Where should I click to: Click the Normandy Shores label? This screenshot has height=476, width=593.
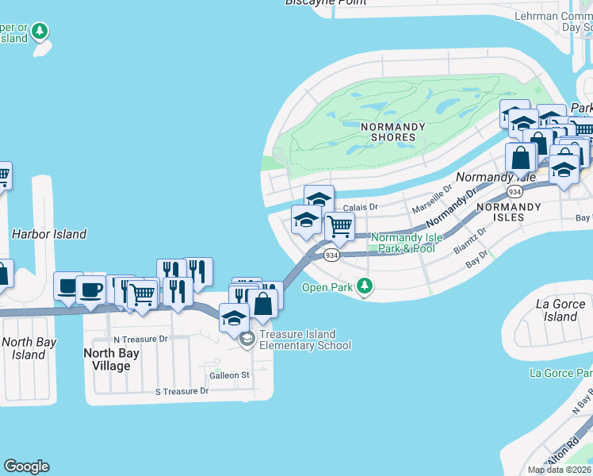pos(392,132)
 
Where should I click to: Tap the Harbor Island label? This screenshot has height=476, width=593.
pos(49,234)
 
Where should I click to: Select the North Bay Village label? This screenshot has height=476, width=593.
pos(111,359)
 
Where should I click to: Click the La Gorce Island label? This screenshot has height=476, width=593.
pos(561,310)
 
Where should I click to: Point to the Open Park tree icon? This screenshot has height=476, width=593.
pos(364,286)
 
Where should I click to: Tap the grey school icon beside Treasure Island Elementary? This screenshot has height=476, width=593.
pos(247,340)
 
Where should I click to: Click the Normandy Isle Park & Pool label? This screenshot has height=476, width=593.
pos(404,243)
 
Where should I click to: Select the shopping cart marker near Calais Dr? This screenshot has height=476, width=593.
pos(339,226)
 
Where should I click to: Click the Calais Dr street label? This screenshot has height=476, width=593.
pos(362,207)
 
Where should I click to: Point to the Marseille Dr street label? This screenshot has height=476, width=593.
pos(431,198)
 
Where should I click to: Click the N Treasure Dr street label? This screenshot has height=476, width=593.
pos(140,339)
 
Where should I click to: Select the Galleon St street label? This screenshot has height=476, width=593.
pos(229,374)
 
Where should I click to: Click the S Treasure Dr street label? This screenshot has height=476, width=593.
pos(182,391)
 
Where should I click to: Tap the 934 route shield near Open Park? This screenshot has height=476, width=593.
pos(331,255)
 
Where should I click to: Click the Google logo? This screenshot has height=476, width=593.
pos(26,466)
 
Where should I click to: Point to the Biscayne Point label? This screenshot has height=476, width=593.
pos(326,2)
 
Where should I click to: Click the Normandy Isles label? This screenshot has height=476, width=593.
pos(508,212)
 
